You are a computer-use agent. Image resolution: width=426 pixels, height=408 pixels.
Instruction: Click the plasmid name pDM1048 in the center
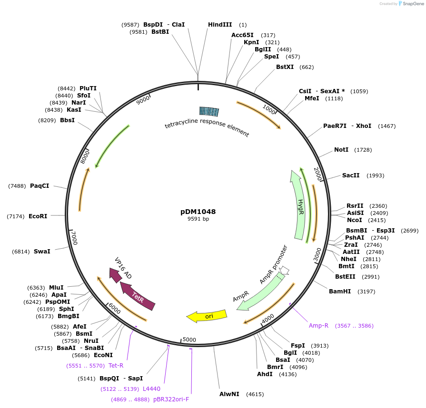[198, 212]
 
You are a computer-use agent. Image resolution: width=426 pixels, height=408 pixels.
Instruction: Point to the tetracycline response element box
[209, 111]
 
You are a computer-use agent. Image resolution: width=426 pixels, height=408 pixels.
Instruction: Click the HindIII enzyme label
[220, 25]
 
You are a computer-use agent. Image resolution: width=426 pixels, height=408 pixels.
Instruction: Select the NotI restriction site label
[341, 150]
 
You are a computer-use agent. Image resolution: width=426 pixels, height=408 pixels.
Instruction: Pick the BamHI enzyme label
[340, 291]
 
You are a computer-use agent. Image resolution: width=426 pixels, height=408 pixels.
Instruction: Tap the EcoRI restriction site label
[38, 216]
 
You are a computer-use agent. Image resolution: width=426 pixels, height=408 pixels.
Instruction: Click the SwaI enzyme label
[42, 251]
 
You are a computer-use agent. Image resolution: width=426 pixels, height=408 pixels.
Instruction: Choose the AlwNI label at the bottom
[229, 394]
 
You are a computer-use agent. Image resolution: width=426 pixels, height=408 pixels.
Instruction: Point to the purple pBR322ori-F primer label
[171, 399]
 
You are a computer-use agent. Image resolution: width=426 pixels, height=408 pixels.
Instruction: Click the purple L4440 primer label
[151, 389]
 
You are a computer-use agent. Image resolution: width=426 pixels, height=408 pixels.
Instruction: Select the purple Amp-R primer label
[318, 326]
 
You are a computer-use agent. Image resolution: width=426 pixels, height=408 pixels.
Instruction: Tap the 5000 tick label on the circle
[189, 340]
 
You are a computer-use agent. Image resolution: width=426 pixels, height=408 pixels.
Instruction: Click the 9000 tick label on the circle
[143, 100]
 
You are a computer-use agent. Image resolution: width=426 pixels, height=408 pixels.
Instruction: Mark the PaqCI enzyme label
[40, 186]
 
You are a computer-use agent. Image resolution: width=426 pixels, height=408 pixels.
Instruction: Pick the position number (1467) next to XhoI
[386, 126]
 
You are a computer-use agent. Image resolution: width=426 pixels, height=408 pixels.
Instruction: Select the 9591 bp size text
[198, 219]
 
